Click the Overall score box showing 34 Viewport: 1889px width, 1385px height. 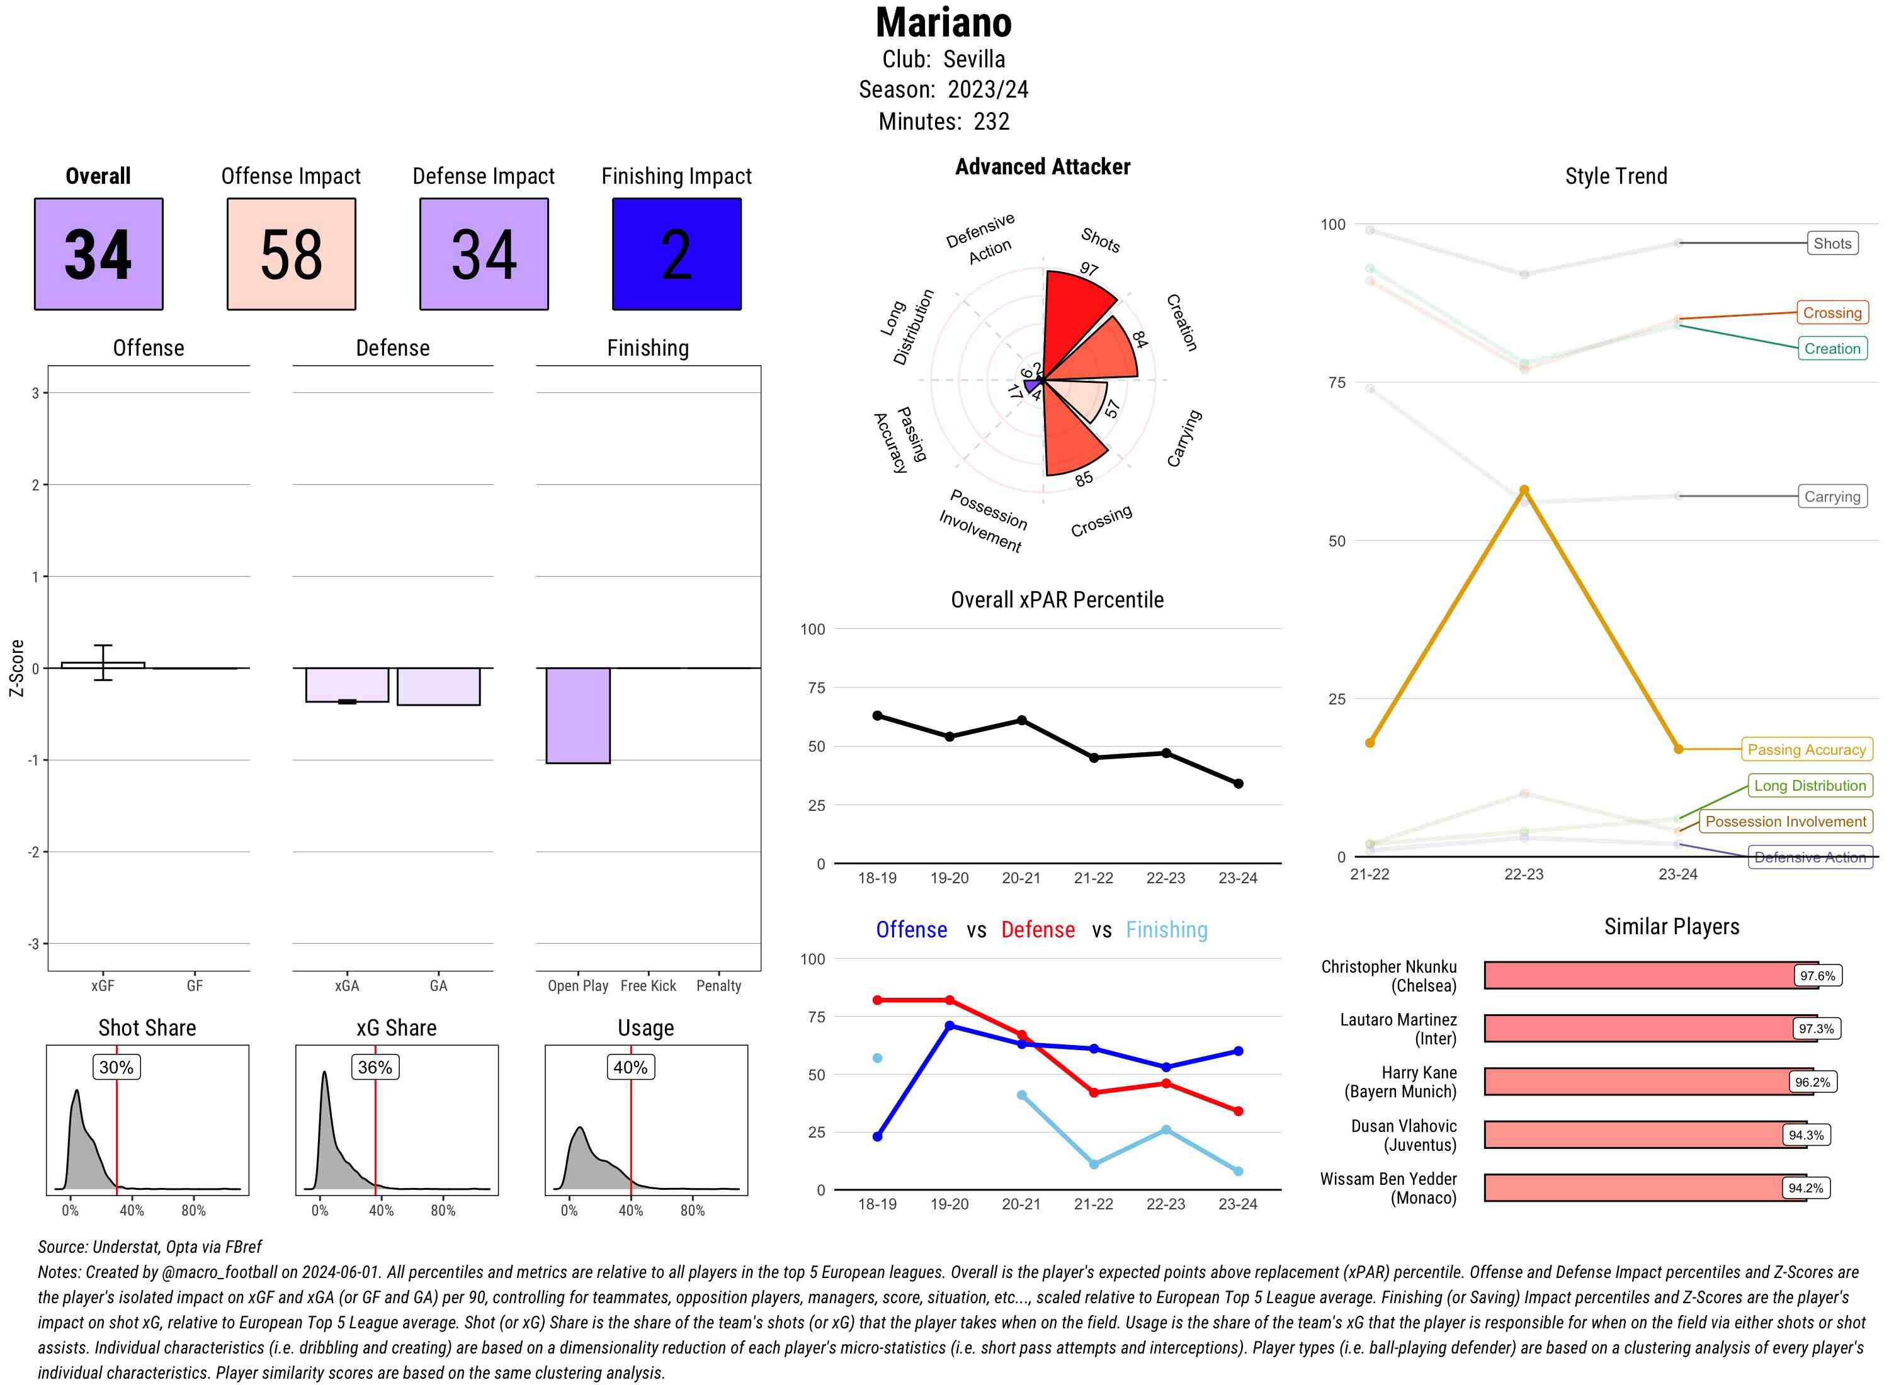pos(99,254)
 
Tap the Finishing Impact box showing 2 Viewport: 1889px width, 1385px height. pos(677,254)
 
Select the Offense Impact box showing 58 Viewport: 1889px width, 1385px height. pos(291,254)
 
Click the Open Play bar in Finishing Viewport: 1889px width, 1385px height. pos(577,715)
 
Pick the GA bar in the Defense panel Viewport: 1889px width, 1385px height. pos(438,687)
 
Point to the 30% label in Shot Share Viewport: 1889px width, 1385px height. pos(116,1067)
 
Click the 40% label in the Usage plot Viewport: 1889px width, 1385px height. pos(630,1067)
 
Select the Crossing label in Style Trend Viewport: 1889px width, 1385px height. pos(1832,313)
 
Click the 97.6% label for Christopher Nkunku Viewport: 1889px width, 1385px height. pos(1818,976)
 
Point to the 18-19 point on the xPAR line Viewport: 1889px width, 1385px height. pos(877,715)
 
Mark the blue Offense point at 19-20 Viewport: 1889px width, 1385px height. pos(949,1026)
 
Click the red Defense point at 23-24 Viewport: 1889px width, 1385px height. pos(1239,1111)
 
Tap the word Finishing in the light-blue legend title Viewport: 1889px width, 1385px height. pos(1166,930)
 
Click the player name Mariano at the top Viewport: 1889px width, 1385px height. pos(944,23)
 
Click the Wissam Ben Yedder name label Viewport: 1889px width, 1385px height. pos(1388,1188)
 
